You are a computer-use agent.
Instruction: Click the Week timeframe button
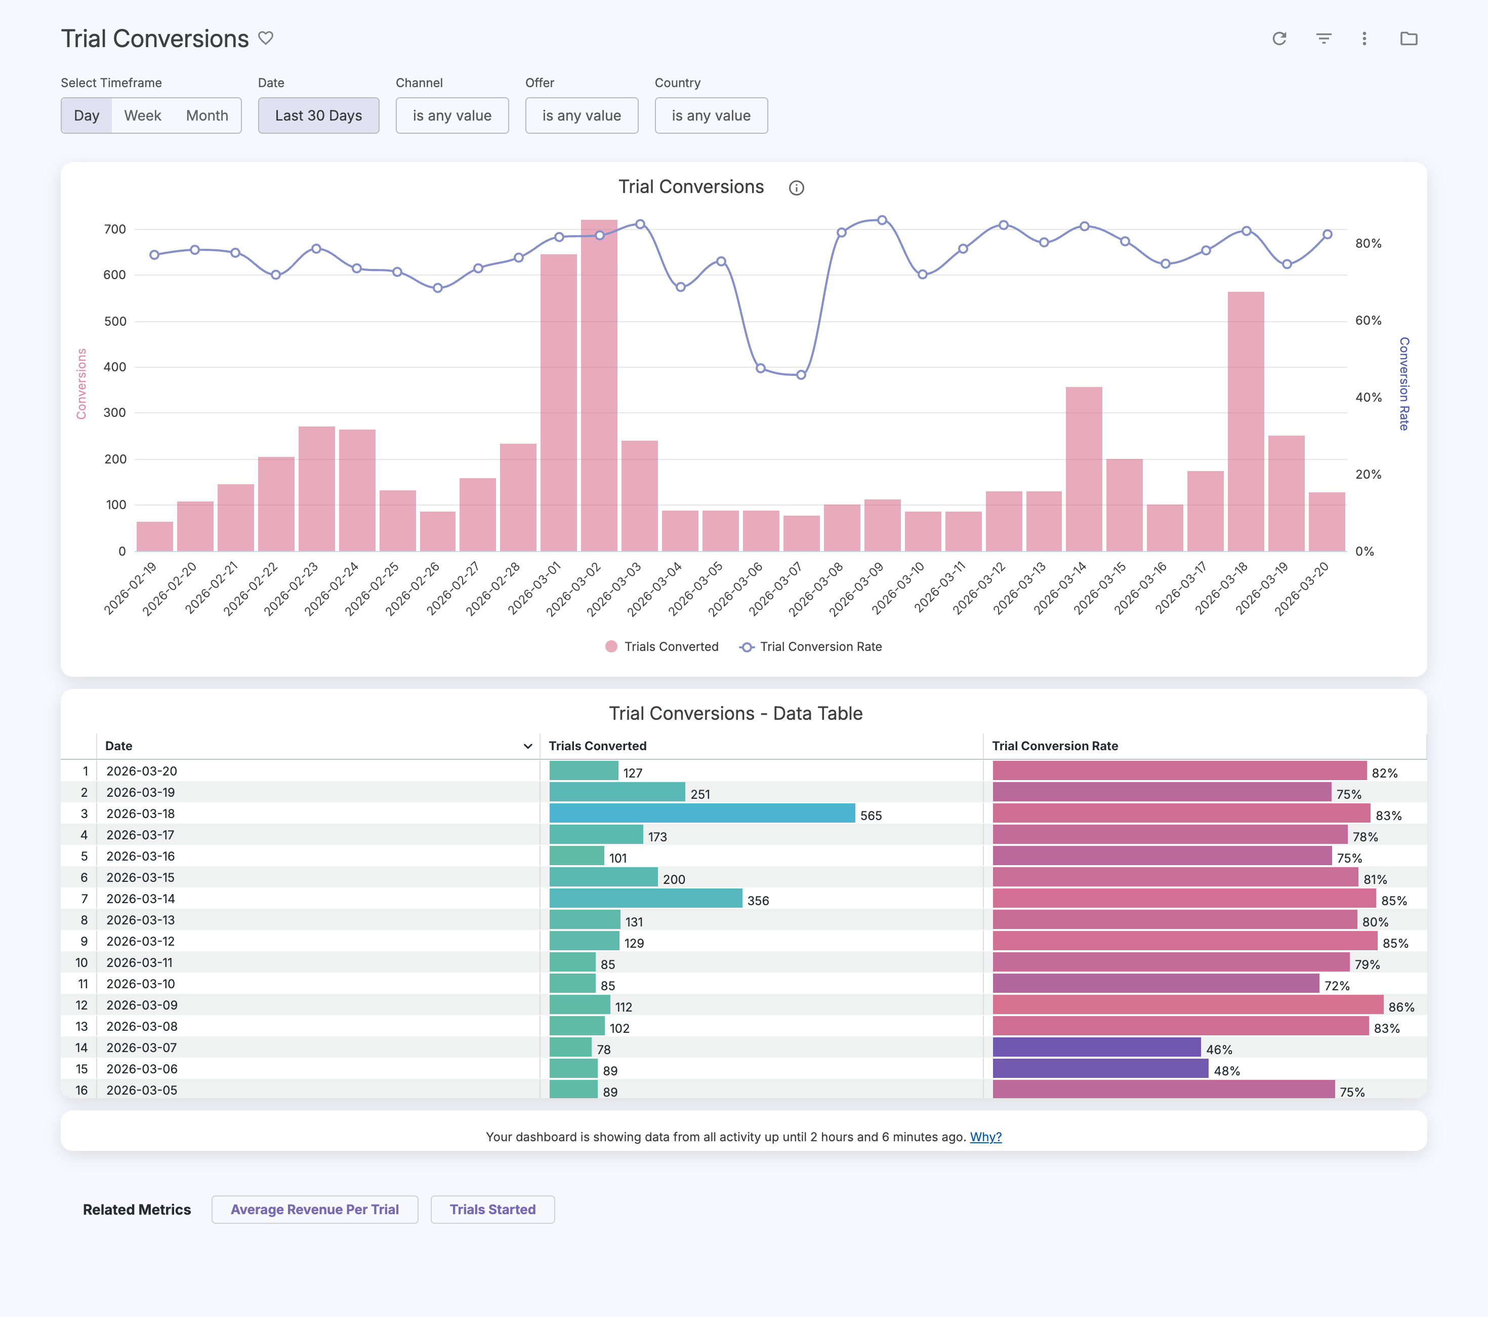click(143, 116)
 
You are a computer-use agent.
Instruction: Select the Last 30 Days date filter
click(318, 116)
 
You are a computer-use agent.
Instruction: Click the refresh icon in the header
click(1279, 38)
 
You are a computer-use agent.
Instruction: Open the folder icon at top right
click(1409, 38)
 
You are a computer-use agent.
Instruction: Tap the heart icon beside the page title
click(266, 38)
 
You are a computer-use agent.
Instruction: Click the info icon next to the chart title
click(797, 188)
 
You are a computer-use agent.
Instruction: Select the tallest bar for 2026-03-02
click(599, 385)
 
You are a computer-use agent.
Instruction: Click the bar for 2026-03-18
click(1246, 422)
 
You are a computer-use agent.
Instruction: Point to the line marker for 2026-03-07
click(801, 375)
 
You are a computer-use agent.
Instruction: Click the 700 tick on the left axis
click(115, 229)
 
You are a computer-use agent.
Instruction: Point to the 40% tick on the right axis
click(1369, 397)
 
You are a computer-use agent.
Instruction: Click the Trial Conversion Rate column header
click(1055, 746)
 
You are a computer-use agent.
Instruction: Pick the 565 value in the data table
click(871, 816)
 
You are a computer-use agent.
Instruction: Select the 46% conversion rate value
click(1219, 1050)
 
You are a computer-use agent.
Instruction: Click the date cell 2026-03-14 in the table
click(141, 899)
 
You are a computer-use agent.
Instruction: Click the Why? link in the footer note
click(986, 1137)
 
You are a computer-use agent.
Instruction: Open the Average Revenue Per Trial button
click(314, 1210)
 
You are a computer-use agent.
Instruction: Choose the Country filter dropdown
click(711, 116)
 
